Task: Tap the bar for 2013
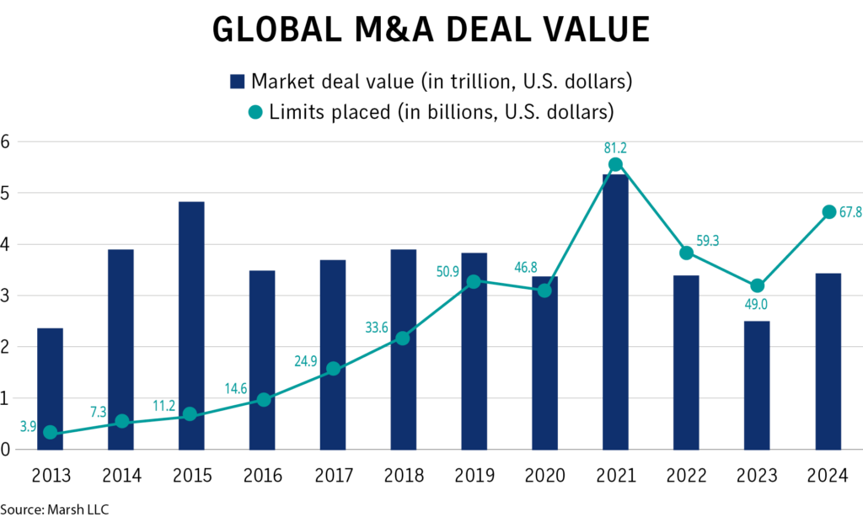point(50,388)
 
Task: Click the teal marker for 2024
point(828,212)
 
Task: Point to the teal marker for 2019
point(474,281)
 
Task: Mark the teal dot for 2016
point(262,399)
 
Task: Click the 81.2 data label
point(615,148)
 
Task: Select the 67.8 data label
point(850,212)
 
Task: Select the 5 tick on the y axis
point(5,193)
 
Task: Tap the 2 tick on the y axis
point(5,347)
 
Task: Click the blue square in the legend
point(237,82)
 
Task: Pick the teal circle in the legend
point(257,111)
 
